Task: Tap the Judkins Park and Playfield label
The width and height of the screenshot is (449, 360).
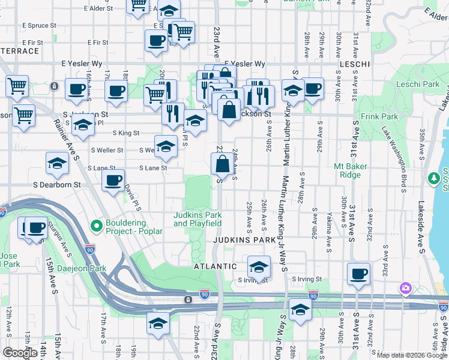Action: point(197,219)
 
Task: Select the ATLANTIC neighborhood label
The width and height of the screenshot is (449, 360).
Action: point(215,266)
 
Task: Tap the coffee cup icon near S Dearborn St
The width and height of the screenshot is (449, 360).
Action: point(113,180)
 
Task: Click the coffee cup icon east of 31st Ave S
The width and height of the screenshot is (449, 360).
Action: point(359,273)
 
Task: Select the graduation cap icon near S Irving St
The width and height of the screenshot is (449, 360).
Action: point(259,265)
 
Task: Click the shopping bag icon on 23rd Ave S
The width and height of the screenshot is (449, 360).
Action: point(222,163)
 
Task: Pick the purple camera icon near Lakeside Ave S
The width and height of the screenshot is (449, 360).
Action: point(406,289)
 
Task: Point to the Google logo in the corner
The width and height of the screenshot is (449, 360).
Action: point(20,353)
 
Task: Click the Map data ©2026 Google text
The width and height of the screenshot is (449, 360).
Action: point(411,355)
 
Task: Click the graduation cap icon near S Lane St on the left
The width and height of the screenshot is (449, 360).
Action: point(57,163)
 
